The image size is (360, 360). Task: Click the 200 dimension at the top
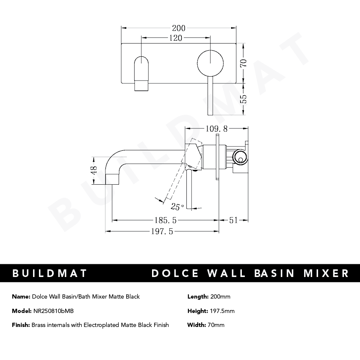pyautogui.click(x=178, y=28)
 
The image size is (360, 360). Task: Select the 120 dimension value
pyautogui.click(x=175, y=38)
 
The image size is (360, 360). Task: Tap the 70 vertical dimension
pyautogui.click(x=243, y=64)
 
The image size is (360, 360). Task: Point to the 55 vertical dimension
pyautogui.click(x=243, y=100)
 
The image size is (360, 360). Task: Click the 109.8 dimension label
pyautogui.click(x=217, y=128)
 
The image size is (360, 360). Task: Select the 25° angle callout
pyautogui.click(x=177, y=207)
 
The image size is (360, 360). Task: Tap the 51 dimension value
pyautogui.click(x=234, y=220)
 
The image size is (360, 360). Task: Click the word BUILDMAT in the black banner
pyautogui.click(x=50, y=273)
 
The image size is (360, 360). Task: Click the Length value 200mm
pyautogui.click(x=220, y=297)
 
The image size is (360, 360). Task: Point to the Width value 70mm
pyautogui.click(x=217, y=325)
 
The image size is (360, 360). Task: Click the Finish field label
pyautogui.click(x=21, y=325)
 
